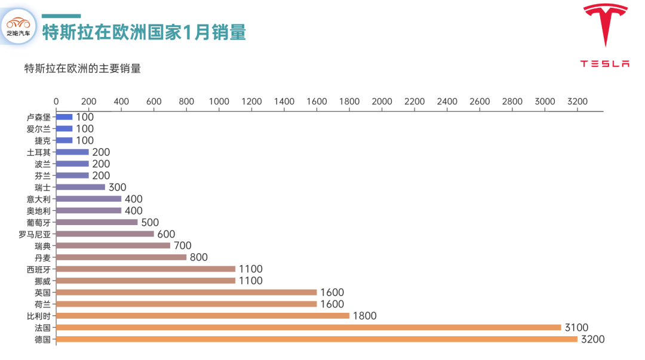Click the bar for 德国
point(317,339)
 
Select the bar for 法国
point(309,327)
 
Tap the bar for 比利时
point(202,316)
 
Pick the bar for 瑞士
point(81,187)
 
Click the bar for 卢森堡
point(64,117)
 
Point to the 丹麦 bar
point(121,257)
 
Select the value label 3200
point(592,339)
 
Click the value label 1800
point(364,316)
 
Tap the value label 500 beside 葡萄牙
point(150,222)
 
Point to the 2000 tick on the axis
point(382,101)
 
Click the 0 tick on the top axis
point(56,101)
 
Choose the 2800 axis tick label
point(512,101)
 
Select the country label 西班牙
point(39,269)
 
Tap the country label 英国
point(43,293)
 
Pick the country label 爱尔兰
point(39,129)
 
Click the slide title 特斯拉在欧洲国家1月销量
point(144,32)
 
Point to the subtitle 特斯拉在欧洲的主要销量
point(82,68)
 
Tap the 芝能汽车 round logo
point(19,26)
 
